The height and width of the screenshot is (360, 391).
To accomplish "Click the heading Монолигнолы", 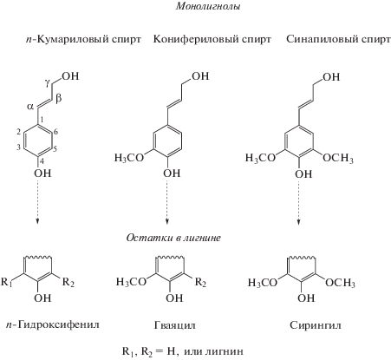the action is [x=208, y=6].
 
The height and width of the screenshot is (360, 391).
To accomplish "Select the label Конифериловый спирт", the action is [x=212, y=39].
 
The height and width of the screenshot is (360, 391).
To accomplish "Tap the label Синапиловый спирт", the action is [x=338, y=39].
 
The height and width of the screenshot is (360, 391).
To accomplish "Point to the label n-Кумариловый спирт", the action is [x=83, y=39].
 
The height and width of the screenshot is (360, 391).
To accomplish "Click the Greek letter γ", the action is [x=48, y=83].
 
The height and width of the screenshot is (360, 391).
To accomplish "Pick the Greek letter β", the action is [x=59, y=98].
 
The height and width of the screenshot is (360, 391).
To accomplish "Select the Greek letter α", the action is [x=30, y=107].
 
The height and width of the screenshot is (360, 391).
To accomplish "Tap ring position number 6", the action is [x=55, y=132].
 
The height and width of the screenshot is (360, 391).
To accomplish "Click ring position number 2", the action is [x=18, y=132].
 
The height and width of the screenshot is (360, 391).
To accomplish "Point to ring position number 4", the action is [x=42, y=161].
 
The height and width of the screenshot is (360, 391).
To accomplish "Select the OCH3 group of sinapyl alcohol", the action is [x=338, y=158].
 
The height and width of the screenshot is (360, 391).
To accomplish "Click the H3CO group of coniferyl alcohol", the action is [x=129, y=158].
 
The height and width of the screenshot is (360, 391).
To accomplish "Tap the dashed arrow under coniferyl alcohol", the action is [x=167, y=201].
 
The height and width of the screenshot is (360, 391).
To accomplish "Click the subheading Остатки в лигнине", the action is [x=173, y=238].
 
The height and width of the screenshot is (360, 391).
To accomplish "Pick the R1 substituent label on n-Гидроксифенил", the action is [x=7, y=282].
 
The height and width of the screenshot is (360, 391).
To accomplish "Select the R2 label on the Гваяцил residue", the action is [x=200, y=283].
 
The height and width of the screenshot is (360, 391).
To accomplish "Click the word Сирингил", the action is [x=316, y=325].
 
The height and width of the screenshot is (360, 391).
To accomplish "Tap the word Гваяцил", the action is [x=174, y=325].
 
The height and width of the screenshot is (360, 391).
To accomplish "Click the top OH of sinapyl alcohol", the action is [x=331, y=77].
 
